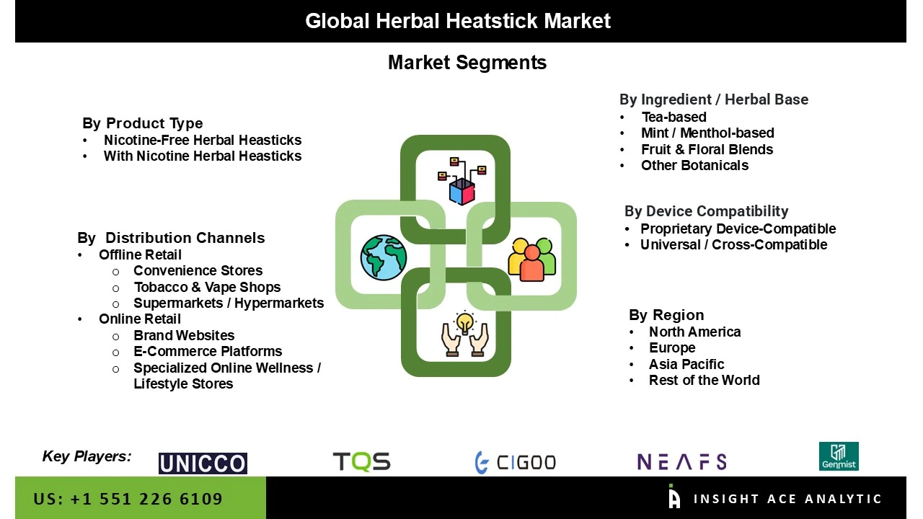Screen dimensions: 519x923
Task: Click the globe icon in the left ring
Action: pyautogui.click(x=384, y=257)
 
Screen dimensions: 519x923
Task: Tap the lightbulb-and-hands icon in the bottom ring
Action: pyautogui.click(x=465, y=334)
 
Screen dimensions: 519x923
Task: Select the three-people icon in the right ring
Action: pyautogui.click(x=532, y=258)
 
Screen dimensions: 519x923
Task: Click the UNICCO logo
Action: pyautogui.click(x=203, y=463)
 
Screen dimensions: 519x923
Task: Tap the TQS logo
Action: pyautogui.click(x=361, y=461)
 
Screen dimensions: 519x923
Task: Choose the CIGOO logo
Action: pyautogui.click(x=516, y=462)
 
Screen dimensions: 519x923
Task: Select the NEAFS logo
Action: pyautogui.click(x=681, y=461)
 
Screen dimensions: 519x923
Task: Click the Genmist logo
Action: pyautogui.click(x=839, y=456)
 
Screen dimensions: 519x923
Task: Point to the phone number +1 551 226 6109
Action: pyautogui.click(x=128, y=499)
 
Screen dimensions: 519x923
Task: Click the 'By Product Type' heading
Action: pyautogui.click(x=143, y=123)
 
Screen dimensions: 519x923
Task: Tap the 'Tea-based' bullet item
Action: pyautogui.click(x=674, y=117)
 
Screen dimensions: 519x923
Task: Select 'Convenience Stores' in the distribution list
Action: pyautogui.click(x=198, y=270)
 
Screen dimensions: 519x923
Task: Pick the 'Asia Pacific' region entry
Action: pyautogui.click(x=686, y=364)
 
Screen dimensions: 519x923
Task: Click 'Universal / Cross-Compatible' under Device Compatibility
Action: pyautogui.click(x=733, y=244)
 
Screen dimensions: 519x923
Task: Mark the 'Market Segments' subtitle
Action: pyautogui.click(x=467, y=63)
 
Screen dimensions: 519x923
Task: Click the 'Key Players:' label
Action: pyautogui.click(x=87, y=456)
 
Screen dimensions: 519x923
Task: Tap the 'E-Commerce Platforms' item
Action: pyautogui.click(x=208, y=351)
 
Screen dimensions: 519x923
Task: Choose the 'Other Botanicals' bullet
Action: pyautogui.click(x=694, y=165)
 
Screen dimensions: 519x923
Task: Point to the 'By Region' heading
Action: pyautogui.click(x=666, y=315)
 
